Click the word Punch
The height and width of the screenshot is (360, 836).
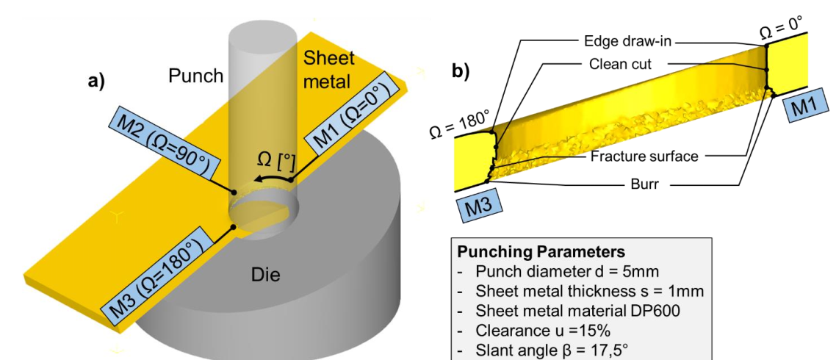pos(195,76)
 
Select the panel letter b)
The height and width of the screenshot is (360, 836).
pos(460,71)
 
